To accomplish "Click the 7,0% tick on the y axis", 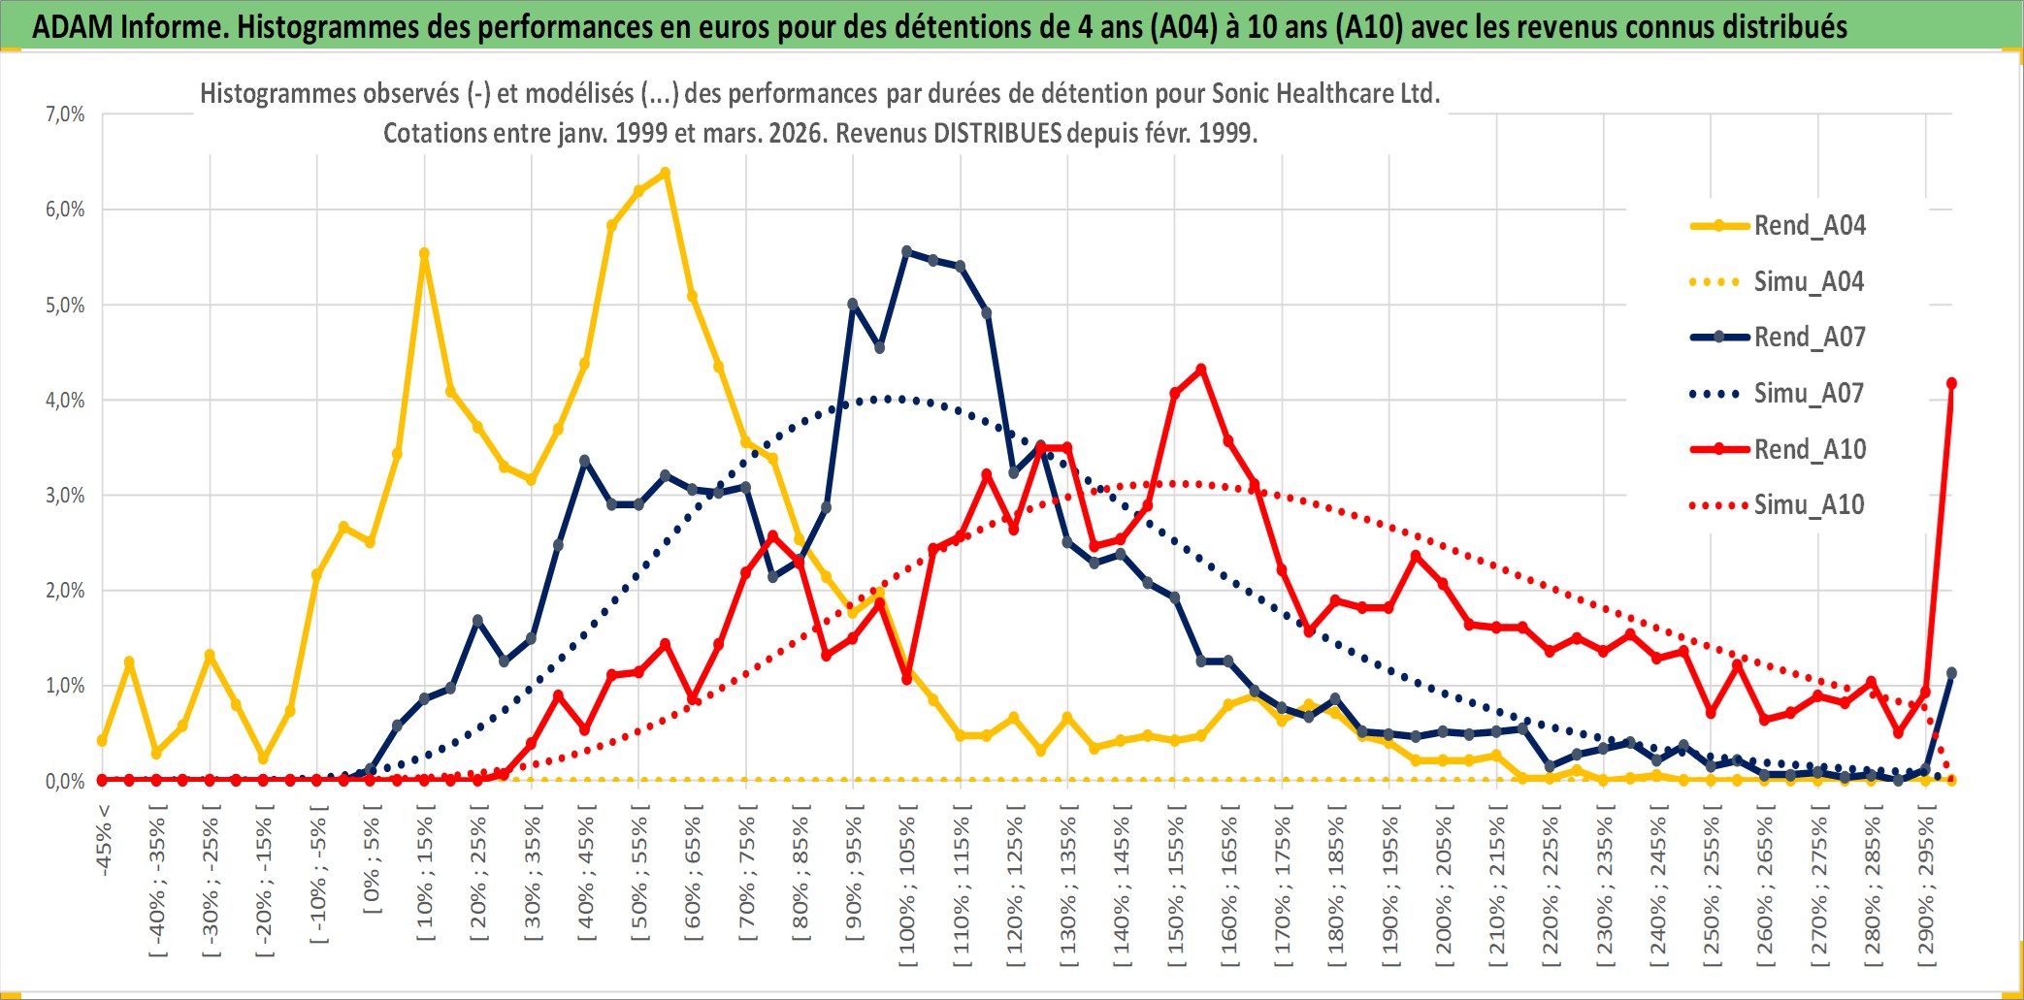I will (x=65, y=114).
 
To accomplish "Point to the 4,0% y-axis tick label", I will (x=65, y=400).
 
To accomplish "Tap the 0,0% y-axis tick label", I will (x=65, y=781).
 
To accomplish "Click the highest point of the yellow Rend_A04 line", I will (x=665, y=174).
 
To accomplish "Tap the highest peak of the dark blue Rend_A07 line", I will (x=907, y=251).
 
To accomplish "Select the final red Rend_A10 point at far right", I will (x=1951, y=383).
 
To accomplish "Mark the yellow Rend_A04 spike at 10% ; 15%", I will (x=424, y=254).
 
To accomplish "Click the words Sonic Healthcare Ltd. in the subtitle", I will (x=1325, y=94).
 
